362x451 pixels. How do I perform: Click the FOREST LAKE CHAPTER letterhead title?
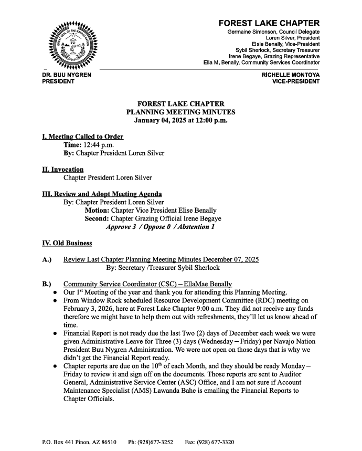[269, 23]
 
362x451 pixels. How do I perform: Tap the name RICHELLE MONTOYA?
[290, 75]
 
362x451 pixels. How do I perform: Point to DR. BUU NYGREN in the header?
[67, 75]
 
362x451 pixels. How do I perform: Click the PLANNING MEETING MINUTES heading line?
[181, 112]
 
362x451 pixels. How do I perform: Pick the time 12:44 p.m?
[98, 145]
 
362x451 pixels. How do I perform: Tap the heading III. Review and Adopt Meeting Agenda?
[102, 194]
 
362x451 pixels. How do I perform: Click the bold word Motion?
[97, 211]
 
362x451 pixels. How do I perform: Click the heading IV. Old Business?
[67, 243]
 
